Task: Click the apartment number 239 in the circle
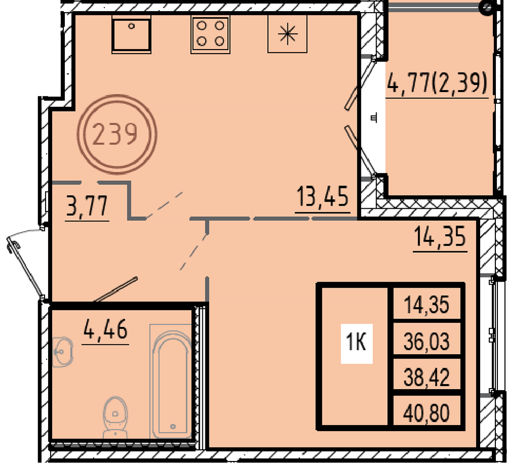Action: click(115, 134)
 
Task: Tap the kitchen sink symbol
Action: click(131, 34)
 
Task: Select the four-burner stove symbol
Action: click(210, 34)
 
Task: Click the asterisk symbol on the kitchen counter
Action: click(287, 34)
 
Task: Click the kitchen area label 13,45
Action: click(322, 197)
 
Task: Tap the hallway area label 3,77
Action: click(87, 206)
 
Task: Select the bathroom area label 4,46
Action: click(105, 329)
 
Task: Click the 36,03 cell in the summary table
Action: click(426, 341)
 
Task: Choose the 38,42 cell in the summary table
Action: click(426, 377)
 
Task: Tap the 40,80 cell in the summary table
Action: click(426, 413)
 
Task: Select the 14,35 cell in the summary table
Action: click(426, 304)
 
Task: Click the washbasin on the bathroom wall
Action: click(63, 352)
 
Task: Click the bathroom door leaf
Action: click(116, 289)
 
